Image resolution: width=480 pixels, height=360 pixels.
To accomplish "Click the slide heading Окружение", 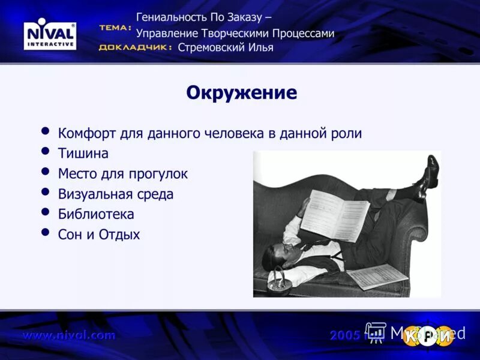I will point(241,93).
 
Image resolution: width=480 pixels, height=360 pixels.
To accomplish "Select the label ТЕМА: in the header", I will point(115,28).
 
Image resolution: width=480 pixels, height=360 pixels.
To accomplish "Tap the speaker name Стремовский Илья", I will point(226,47).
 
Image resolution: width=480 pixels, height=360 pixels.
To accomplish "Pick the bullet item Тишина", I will point(83,154).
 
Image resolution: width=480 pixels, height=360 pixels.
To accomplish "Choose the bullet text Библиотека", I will point(96,214).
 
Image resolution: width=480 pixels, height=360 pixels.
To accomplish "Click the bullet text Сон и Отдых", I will point(98,235).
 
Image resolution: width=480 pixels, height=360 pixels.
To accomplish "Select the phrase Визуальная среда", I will point(115,194).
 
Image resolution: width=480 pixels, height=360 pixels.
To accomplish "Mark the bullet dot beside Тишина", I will point(45,152).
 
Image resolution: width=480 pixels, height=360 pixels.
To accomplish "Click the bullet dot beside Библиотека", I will point(45,212).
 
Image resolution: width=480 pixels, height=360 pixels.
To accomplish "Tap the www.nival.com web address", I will point(68,335).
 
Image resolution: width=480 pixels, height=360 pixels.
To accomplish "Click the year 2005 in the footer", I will point(344,335).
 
